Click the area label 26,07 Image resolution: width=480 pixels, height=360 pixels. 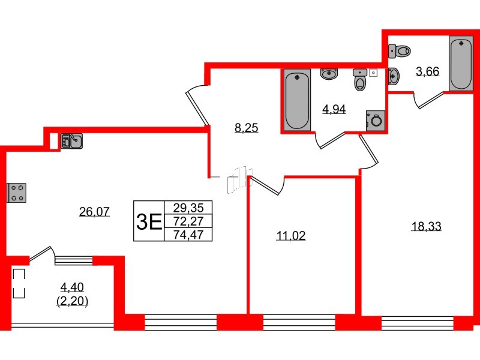click(x=94, y=211)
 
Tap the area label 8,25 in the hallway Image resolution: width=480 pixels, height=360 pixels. click(x=246, y=127)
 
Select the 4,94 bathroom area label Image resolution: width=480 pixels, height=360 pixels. click(x=334, y=109)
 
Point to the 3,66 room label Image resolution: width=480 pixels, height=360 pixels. click(x=428, y=71)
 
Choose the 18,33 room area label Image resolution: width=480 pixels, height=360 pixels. click(x=427, y=226)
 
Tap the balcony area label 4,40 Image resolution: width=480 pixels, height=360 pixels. click(x=73, y=286)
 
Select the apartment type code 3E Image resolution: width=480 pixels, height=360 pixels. click(x=149, y=222)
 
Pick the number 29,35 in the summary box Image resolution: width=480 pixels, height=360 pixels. click(x=188, y=208)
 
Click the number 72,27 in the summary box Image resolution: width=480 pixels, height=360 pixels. click(x=188, y=221)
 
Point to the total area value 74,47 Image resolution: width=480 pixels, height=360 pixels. click(x=188, y=235)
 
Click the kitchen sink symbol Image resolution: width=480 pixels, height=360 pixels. click(x=71, y=141)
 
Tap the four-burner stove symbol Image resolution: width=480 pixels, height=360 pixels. click(x=16, y=193)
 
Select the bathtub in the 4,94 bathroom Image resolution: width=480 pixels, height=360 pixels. click(x=297, y=100)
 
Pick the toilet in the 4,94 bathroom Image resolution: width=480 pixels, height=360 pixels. click(x=360, y=79)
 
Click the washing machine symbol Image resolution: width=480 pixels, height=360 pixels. click(x=376, y=119)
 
